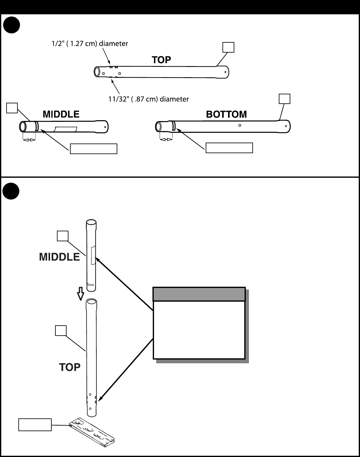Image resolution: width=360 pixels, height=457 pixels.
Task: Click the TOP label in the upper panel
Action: pos(161,60)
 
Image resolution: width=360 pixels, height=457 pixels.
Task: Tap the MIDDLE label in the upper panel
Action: pos(61,114)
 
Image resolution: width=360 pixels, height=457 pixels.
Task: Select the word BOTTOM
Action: pos(227,114)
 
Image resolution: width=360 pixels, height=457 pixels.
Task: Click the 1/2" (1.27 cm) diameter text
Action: pos(90,44)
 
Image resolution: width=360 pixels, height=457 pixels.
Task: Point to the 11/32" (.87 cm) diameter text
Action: pos(149,99)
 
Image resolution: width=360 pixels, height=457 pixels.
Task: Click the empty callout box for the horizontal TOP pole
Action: pos(228,47)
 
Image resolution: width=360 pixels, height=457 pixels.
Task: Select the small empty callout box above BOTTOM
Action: pos(284,99)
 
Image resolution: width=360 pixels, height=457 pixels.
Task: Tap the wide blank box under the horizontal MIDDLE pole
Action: pos(94,149)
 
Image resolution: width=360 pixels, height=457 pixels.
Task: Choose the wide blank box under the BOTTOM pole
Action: pos(229,148)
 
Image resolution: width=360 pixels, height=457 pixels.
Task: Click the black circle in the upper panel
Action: pos(12,25)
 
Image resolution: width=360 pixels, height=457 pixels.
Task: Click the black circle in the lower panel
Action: pos(11,191)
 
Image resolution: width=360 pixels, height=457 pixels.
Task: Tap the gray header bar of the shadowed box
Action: pos(199,294)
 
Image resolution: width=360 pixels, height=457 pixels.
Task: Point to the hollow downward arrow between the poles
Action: pos(81,294)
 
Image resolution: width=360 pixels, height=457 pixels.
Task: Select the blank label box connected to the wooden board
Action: pos(35,425)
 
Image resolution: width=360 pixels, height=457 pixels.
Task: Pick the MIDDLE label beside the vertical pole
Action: pos(59,257)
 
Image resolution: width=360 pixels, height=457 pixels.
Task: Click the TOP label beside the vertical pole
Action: pos(70,367)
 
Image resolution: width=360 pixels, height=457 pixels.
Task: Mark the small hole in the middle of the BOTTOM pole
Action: pos(240,125)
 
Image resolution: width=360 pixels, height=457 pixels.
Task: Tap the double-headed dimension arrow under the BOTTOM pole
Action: pos(166,139)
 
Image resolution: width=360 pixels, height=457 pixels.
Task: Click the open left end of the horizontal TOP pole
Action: pos(97,72)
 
